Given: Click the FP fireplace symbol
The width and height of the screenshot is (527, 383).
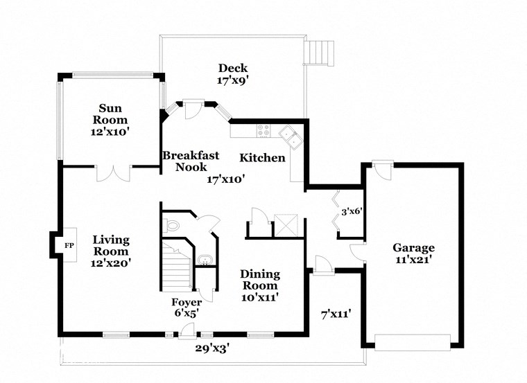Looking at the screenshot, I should point(69,245).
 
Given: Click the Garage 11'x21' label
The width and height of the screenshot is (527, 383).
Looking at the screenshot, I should point(413,253).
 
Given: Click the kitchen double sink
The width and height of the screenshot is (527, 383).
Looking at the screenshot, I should point(290,136).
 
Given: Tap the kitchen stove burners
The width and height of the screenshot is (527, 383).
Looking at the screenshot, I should point(263,128).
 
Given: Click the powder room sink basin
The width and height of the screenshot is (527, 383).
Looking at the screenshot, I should point(203,260).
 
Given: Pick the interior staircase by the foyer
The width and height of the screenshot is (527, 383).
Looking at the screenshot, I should point(176,266).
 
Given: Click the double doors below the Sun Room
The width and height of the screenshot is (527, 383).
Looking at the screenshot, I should point(113,173).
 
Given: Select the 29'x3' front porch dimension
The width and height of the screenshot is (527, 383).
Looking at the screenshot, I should point(211,348).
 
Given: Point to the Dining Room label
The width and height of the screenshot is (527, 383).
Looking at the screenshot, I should point(259,280).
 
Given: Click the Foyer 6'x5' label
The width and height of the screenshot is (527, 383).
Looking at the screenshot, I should point(187,308).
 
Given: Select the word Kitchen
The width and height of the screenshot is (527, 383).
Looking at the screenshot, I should point(262,158).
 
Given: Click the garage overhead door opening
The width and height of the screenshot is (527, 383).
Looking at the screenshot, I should point(412,341).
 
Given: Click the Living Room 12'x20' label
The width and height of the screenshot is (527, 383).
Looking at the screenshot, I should point(111,251).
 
